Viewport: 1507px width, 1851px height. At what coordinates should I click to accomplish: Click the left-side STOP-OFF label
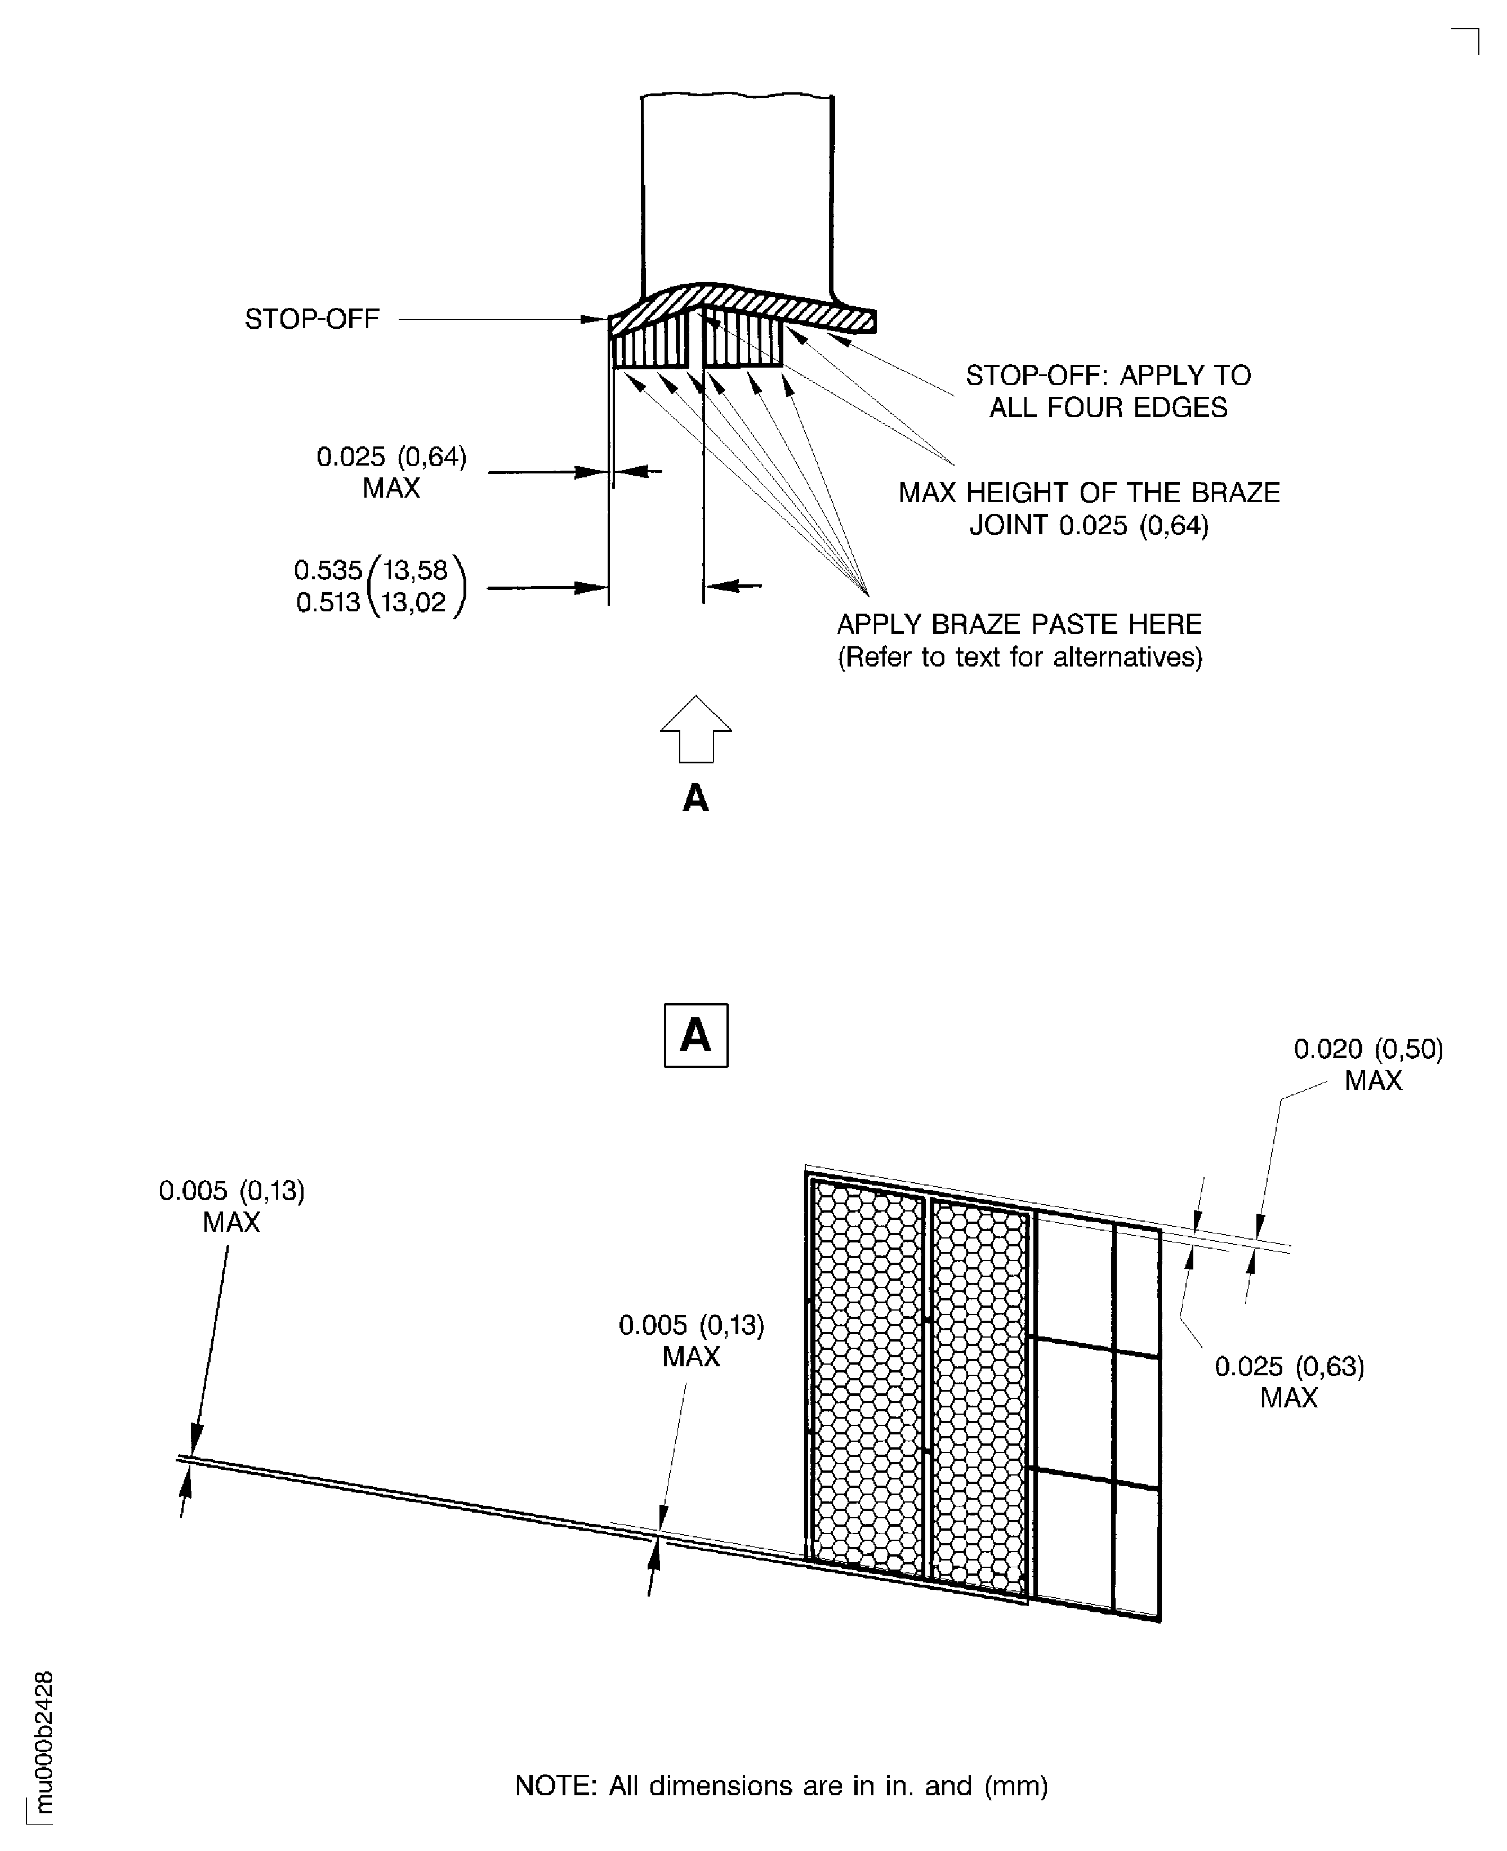[311, 319]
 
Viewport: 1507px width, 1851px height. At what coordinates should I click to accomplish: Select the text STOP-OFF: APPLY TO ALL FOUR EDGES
[1108, 391]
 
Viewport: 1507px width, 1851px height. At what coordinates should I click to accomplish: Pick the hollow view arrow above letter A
[695, 729]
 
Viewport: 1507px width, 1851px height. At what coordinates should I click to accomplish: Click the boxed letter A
[695, 1035]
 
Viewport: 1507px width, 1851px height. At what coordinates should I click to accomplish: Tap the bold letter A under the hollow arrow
[695, 798]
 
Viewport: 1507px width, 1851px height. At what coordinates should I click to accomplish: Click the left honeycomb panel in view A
[868, 1380]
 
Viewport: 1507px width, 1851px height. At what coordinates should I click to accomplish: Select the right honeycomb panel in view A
[978, 1397]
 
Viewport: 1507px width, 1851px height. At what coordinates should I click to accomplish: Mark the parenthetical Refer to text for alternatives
[1019, 657]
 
